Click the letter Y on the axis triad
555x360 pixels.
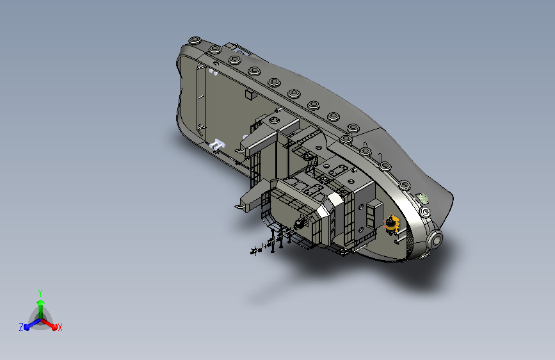pos(40,293)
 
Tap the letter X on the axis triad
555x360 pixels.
pos(60,327)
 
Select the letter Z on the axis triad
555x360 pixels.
pos(21,327)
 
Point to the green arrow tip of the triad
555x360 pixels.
pos(41,302)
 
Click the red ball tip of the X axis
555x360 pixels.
pos(54,327)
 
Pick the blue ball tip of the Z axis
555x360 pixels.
pos(27,327)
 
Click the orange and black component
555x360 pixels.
pos(392,224)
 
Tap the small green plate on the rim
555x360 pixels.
pos(422,198)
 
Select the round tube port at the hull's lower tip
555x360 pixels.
pos(435,241)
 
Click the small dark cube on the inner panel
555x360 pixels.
pos(250,95)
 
